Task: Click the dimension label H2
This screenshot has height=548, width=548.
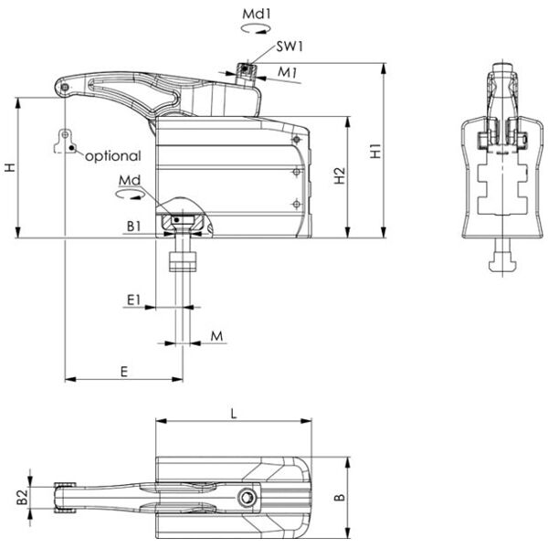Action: [x=340, y=176]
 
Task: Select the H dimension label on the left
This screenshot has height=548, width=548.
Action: [x=9, y=167]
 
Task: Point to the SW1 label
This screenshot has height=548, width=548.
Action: [x=289, y=47]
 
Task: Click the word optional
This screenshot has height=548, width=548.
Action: [x=112, y=156]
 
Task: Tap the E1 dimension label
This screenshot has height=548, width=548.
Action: [x=133, y=298]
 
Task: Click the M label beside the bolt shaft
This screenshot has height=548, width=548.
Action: [x=216, y=337]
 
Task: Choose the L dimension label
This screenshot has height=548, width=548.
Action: [x=234, y=414]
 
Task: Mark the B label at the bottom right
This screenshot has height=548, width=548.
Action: [x=339, y=498]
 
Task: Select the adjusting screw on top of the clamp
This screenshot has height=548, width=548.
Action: [x=245, y=72]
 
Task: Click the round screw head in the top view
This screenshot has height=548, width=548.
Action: [x=246, y=498]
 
